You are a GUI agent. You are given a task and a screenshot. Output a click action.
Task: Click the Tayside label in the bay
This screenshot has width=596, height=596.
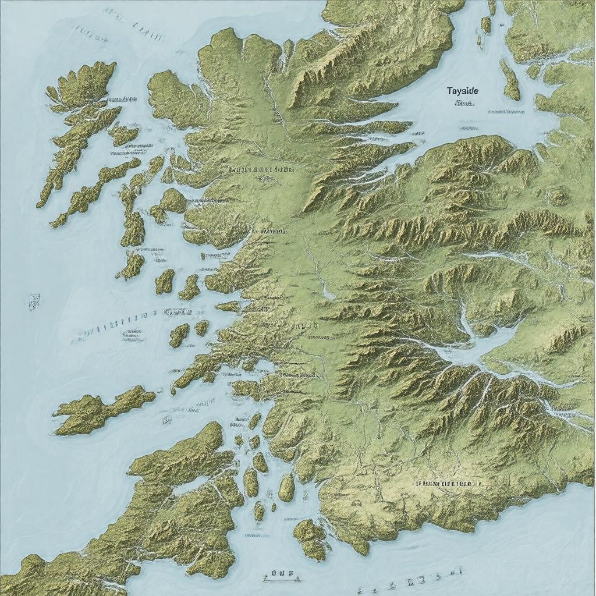pyautogui.click(x=463, y=91)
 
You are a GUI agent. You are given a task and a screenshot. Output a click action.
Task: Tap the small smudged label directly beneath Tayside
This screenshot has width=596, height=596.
pyautogui.click(x=463, y=104)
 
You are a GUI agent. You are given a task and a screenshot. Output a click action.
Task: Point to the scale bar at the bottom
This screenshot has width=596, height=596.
pyautogui.click(x=281, y=576)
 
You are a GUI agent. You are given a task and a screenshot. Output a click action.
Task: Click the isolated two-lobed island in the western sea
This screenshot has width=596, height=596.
pyautogui.click(x=102, y=411)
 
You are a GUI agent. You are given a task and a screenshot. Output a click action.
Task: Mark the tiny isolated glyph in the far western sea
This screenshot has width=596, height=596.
pyautogui.click(x=34, y=301)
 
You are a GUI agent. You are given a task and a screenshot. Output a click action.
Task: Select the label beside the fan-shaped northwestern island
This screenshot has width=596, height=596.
pyautogui.click(x=122, y=100)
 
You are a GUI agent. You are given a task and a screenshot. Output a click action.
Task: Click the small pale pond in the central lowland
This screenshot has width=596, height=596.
pyautogui.click(x=328, y=294)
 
